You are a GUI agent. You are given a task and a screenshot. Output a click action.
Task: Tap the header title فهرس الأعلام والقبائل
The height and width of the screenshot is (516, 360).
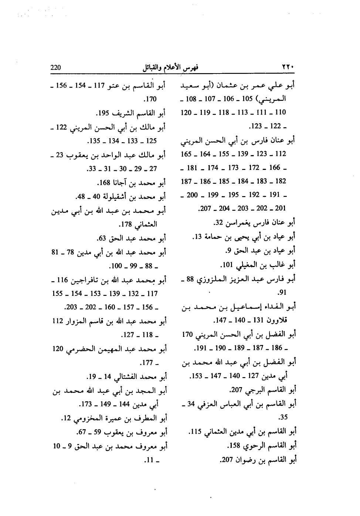pyautogui.click(x=170, y=68)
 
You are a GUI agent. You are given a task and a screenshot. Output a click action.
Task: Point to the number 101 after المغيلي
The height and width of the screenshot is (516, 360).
pyautogui.click(x=226, y=265)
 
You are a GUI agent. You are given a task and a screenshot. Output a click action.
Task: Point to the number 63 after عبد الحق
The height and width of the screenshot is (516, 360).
pyautogui.click(x=102, y=238)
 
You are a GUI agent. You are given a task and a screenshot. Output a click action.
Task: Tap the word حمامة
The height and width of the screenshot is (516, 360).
pyautogui.click(x=211, y=237)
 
